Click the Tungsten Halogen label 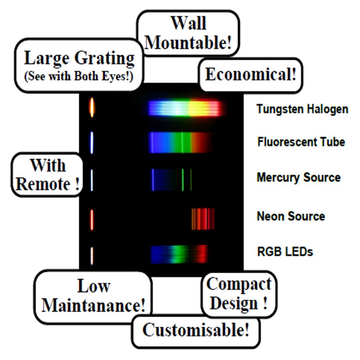tap(302, 109)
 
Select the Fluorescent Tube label tap(301, 141)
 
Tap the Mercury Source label tap(298, 177)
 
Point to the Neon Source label tap(291, 216)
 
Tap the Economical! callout tap(251, 75)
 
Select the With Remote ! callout tap(47, 175)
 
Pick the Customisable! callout tap(196, 331)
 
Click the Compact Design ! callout tap(239, 294)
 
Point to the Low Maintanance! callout tap(93, 297)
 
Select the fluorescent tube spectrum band tap(180, 142)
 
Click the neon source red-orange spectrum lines tap(202, 218)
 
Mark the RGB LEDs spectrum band tap(179, 254)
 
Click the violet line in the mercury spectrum tap(152, 180)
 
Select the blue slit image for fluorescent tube tap(92, 142)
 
